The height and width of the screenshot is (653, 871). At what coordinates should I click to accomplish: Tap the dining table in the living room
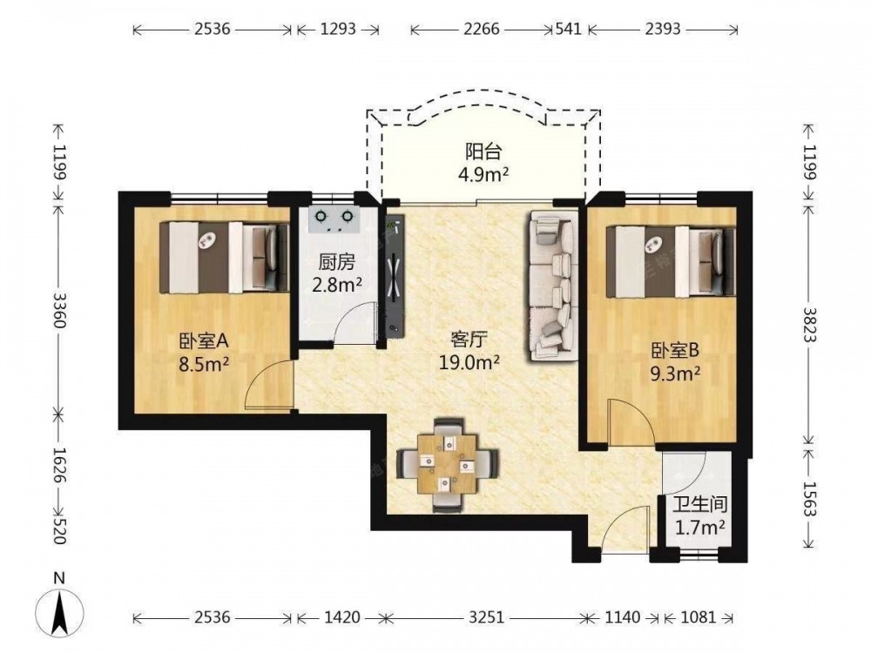coord(448,464)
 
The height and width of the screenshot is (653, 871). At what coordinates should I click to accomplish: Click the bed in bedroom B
coord(671,261)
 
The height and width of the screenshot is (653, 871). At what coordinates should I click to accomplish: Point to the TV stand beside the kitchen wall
coord(395,276)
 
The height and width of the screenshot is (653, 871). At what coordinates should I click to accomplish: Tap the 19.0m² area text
coord(469,362)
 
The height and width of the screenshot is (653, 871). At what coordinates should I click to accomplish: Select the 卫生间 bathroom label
coord(700,504)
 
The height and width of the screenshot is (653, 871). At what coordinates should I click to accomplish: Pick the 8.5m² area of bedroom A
coord(204,364)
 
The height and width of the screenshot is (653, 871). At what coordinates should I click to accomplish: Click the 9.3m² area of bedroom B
coord(675,374)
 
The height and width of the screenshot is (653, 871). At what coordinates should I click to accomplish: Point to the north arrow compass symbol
coord(60,607)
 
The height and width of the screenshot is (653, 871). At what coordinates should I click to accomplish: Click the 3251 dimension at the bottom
coord(486,617)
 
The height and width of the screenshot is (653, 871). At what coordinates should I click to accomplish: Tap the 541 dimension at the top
coord(569,29)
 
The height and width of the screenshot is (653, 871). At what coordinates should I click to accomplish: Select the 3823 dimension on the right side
coord(810,326)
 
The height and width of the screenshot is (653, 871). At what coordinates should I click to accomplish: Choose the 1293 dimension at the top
coord(338,29)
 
